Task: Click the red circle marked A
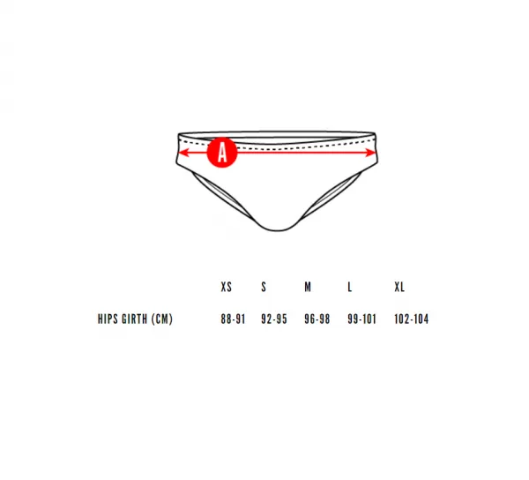(x=222, y=153)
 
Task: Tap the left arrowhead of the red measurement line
(x=183, y=153)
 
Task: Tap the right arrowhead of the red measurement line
(x=370, y=153)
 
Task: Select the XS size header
(x=226, y=287)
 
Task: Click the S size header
(x=264, y=287)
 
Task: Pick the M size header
(x=308, y=287)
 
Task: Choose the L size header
(x=349, y=287)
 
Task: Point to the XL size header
(x=399, y=287)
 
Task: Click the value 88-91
(x=233, y=319)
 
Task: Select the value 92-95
(x=274, y=319)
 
